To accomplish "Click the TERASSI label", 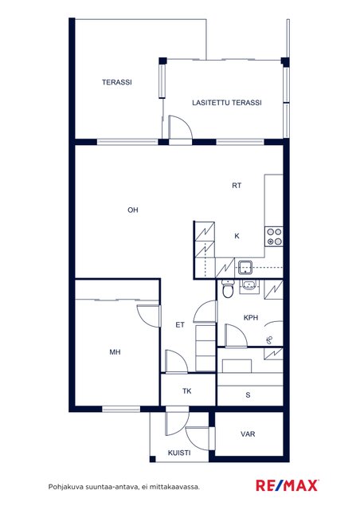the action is pyautogui.click(x=117, y=82).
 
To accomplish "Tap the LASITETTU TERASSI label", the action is pyautogui.click(x=227, y=103).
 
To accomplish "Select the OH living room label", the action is pyautogui.click(x=133, y=210).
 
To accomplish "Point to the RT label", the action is pyautogui.click(x=237, y=186).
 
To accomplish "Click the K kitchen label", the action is pyautogui.click(x=237, y=236).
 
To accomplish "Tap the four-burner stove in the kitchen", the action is pyautogui.click(x=273, y=237).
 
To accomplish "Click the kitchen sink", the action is pyautogui.click(x=245, y=267).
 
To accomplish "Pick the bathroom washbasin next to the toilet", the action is pyautogui.click(x=249, y=287).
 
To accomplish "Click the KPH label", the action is pyautogui.click(x=251, y=317).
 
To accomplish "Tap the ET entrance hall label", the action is pyautogui.click(x=180, y=324).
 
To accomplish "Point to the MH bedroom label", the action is pyautogui.click(x=115, y=352).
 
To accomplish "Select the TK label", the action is pyautogui.click(x=186, y=391).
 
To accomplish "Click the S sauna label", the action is pyautogui.click(x=248, y=395).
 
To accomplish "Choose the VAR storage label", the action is pyautogui.click(x=248, y=433).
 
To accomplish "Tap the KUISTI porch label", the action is pyautogui.click(x=179, y=453).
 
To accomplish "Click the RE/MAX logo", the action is pyautogui.click(x=288, y=485).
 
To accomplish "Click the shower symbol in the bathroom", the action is pyautogui.click(x=269, y=340).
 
